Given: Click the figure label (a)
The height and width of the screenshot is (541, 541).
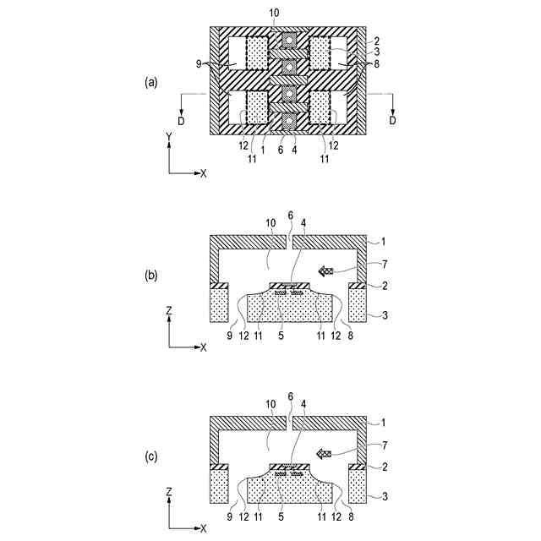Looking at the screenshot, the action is (x=150, y=82).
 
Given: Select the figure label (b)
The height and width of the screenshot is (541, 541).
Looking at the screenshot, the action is (x=150, y=275).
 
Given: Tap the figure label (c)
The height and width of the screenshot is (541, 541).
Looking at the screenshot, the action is (x=150, y=456).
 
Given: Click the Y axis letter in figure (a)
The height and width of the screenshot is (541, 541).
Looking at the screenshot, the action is (x=170, y=135).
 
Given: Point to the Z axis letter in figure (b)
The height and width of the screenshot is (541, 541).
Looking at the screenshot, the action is (x=170, y=311).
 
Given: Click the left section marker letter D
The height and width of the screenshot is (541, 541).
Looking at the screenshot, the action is (x=181, y=122).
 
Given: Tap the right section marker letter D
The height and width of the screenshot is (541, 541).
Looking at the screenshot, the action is (x=392, y=122).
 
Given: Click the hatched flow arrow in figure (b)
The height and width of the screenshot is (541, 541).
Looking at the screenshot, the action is (x=325, y=270).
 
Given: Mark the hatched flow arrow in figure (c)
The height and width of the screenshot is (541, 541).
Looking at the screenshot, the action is (x=325, y=454).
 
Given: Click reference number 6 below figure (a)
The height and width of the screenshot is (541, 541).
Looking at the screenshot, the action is (x=281, y=150).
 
